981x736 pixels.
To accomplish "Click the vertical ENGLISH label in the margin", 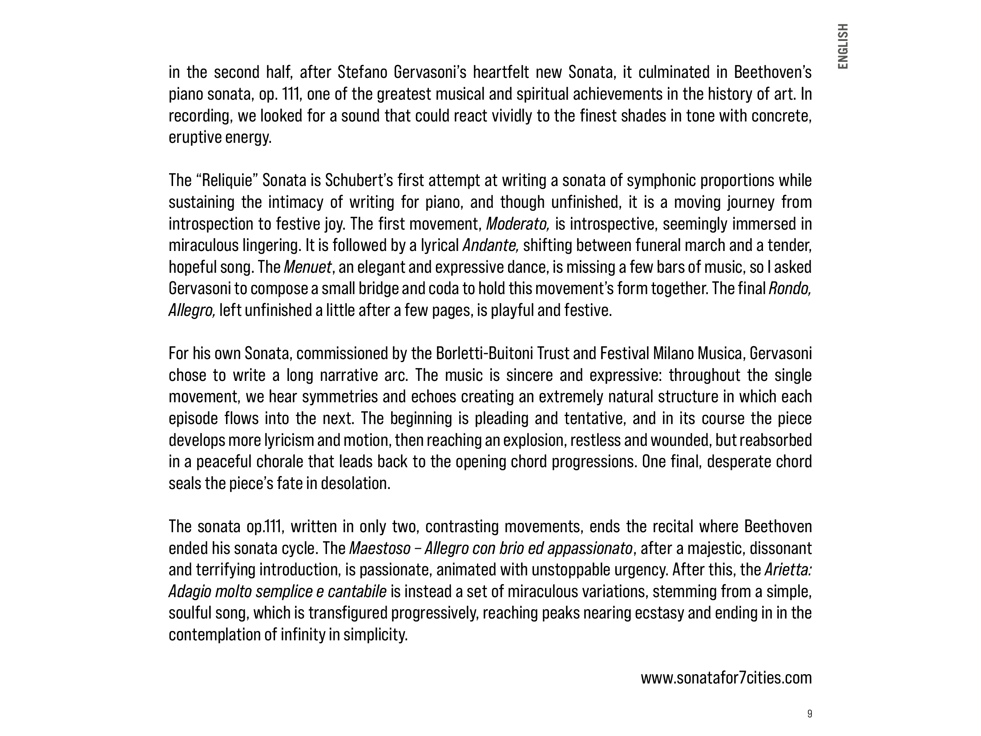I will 842,46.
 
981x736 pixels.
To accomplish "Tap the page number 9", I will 809,714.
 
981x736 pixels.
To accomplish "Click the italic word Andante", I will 490,246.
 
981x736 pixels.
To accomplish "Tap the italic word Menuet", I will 307,267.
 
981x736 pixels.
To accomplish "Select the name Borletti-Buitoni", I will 485,354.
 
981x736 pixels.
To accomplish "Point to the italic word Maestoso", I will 379,548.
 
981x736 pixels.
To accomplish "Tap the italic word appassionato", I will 589,548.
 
